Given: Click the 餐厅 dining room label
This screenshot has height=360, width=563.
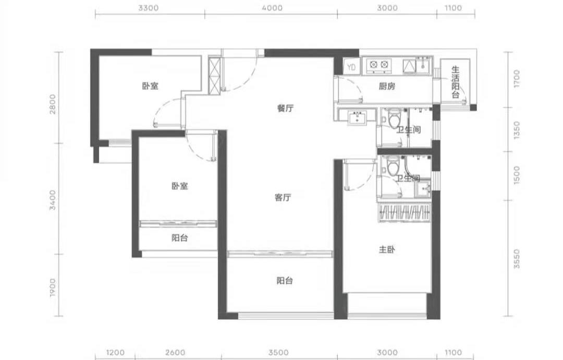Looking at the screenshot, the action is coord(286,108).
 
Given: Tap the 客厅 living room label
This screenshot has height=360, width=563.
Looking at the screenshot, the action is coord(283,198).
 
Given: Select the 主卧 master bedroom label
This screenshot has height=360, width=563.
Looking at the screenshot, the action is coord(387,249).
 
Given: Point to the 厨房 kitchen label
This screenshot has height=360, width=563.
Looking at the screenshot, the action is coord(387,86).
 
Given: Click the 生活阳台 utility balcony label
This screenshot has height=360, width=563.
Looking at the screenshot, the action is coord(455,82).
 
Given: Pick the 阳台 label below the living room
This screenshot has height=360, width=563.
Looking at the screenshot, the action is coord(285,281).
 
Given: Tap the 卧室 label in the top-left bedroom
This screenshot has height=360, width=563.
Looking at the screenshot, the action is coord(150,86).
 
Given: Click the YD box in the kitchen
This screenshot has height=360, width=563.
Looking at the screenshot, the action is coord(351,67).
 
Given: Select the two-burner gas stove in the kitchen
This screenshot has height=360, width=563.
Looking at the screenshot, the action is coord(379,65).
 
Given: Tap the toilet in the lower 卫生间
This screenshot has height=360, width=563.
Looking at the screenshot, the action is coord(393,165).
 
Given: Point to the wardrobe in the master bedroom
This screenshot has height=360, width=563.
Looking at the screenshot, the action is coord(405,213).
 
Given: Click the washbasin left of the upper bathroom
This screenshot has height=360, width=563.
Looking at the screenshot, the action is coord(357,118).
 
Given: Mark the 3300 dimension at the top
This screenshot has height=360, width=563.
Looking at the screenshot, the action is coord(148,8).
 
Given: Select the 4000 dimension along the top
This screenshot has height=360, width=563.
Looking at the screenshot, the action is coord(272,8).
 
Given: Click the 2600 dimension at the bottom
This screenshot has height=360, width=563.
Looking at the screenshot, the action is coord(176,353).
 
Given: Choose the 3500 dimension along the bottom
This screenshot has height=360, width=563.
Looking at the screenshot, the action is coord(278,353).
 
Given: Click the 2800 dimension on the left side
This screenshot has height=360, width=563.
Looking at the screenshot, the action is coord(53,104).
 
